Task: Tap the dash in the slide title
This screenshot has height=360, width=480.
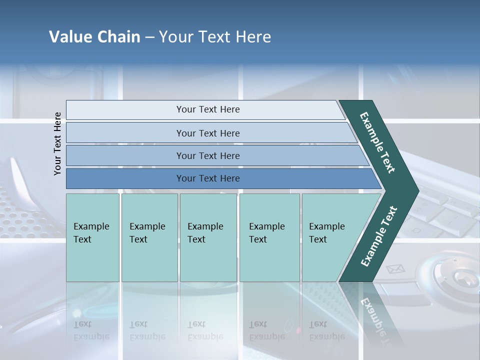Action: (x=149, y=37)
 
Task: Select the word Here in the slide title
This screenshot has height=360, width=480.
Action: (x=253, y=37)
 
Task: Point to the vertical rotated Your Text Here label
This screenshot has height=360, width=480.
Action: (x=57, y=143)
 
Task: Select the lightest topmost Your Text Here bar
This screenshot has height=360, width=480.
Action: (x=207, y=109)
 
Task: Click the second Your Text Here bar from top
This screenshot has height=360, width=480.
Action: (x=207, y=133)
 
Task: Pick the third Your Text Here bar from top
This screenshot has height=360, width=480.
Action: (x=207, y=155)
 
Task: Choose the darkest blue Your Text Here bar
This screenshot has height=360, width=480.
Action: (x=207, y=178)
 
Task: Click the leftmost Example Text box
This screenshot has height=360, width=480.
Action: (x=92, y=237)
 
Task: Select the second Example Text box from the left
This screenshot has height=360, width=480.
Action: (x=149, y=237)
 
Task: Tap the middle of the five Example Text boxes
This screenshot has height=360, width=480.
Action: (x=208, y=237)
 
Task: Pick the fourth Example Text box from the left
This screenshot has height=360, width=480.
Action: (x=269, y=237)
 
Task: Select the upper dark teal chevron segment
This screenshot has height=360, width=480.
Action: (x=378, y=142)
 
